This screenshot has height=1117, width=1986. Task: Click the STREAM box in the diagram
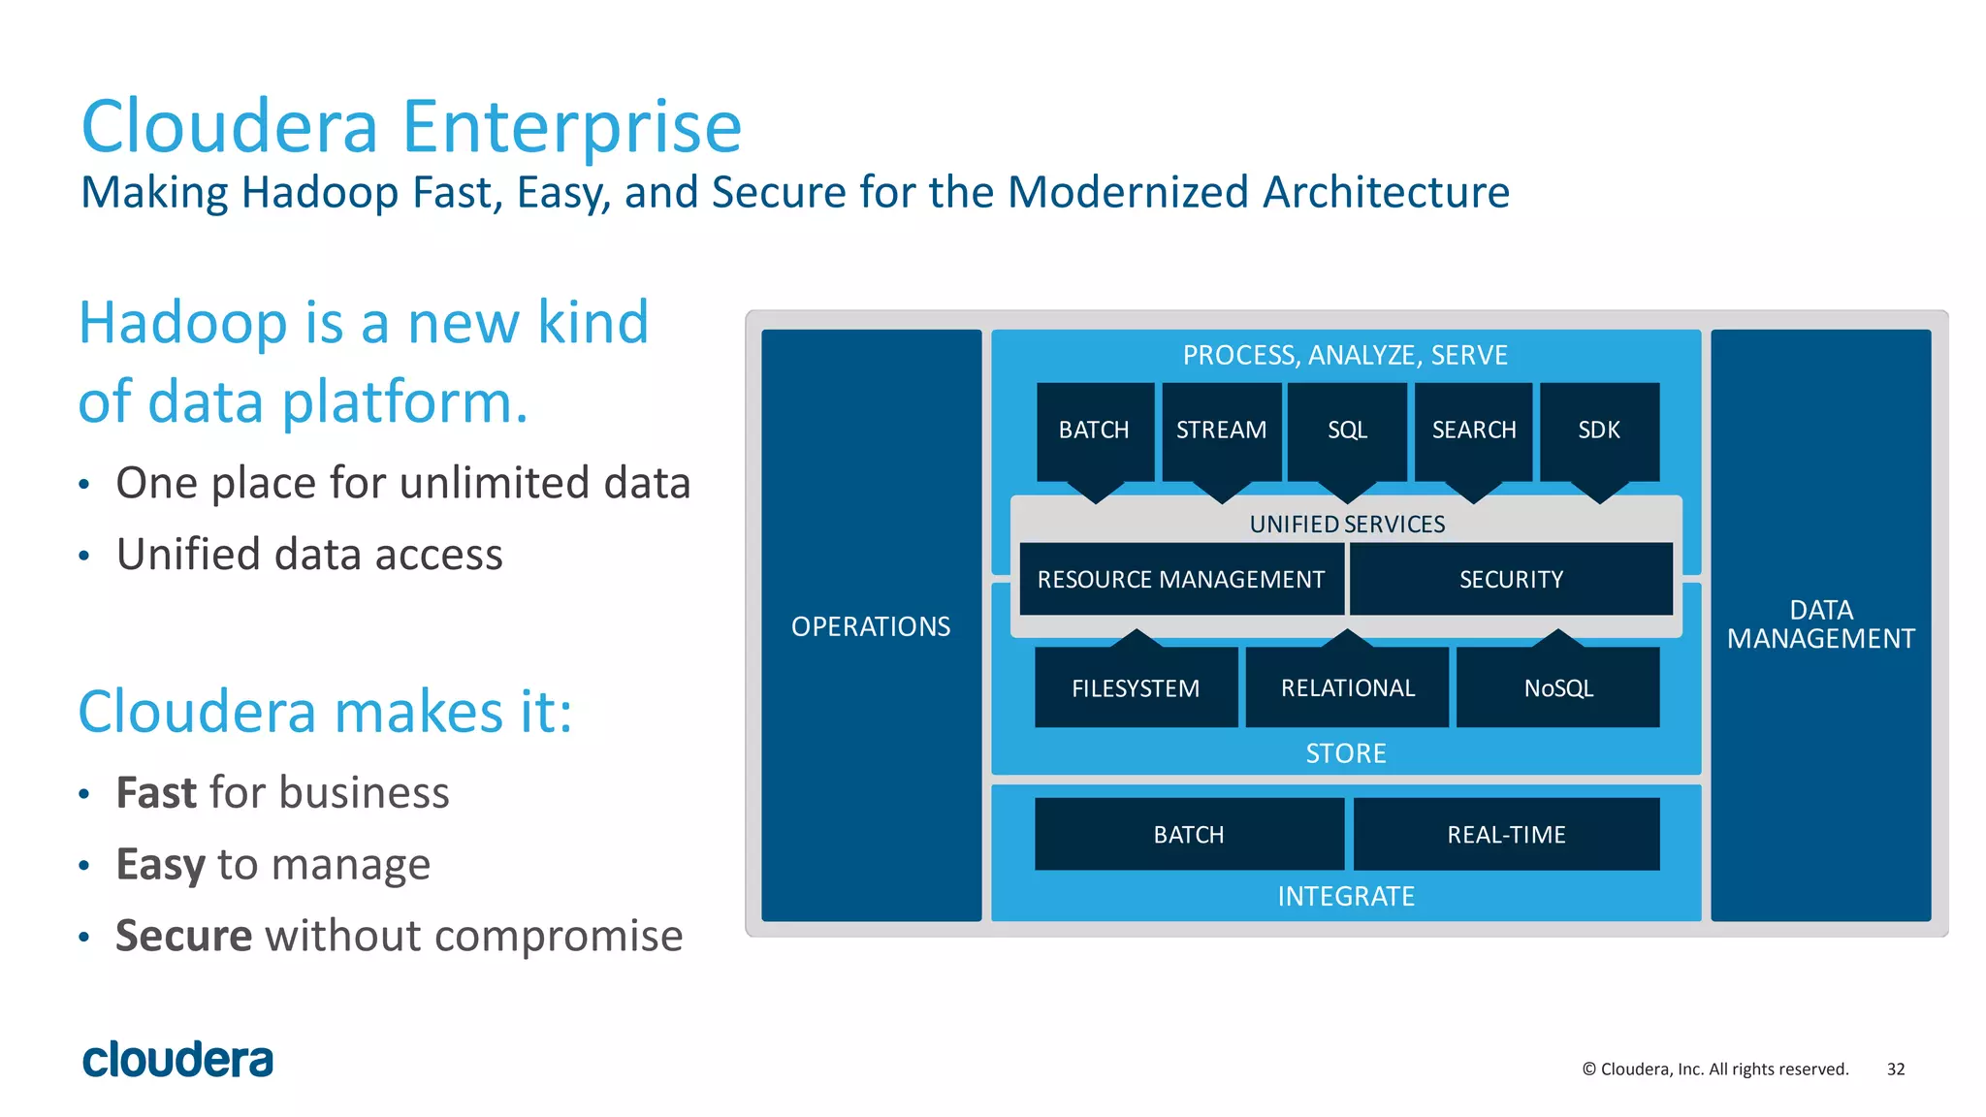coord(1221,430)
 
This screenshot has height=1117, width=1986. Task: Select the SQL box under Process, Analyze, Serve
coord(1347,430)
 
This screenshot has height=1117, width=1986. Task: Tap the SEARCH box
coord(1473,430)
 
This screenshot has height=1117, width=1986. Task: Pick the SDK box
coord(1599,430)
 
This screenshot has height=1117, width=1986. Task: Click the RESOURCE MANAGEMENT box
coord(1181,579)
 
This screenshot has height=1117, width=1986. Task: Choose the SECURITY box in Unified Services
coord(1511,579)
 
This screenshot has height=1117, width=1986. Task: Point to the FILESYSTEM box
coord(1136,687)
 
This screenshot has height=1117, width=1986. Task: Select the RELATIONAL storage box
coord(1348,687)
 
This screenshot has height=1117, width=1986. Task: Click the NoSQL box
coord(1558,687)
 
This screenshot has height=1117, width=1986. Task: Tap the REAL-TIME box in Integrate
coord(1506,834)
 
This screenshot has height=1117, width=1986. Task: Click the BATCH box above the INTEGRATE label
coord(1189,834)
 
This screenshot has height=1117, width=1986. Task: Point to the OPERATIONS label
coord(871,626)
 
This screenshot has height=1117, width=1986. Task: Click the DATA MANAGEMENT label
coord(1821,624)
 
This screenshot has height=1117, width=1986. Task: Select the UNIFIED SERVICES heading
coord(1347,524)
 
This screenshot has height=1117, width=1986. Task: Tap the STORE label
coord(1346,753)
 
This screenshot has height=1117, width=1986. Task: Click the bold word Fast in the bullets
coord(156,793)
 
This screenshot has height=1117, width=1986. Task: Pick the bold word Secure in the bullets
coord(183,936)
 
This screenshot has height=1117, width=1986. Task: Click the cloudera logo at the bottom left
coord(177,1060)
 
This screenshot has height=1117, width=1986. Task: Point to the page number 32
coord(1896,1069)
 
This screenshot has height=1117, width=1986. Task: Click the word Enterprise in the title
coord(571,127)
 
